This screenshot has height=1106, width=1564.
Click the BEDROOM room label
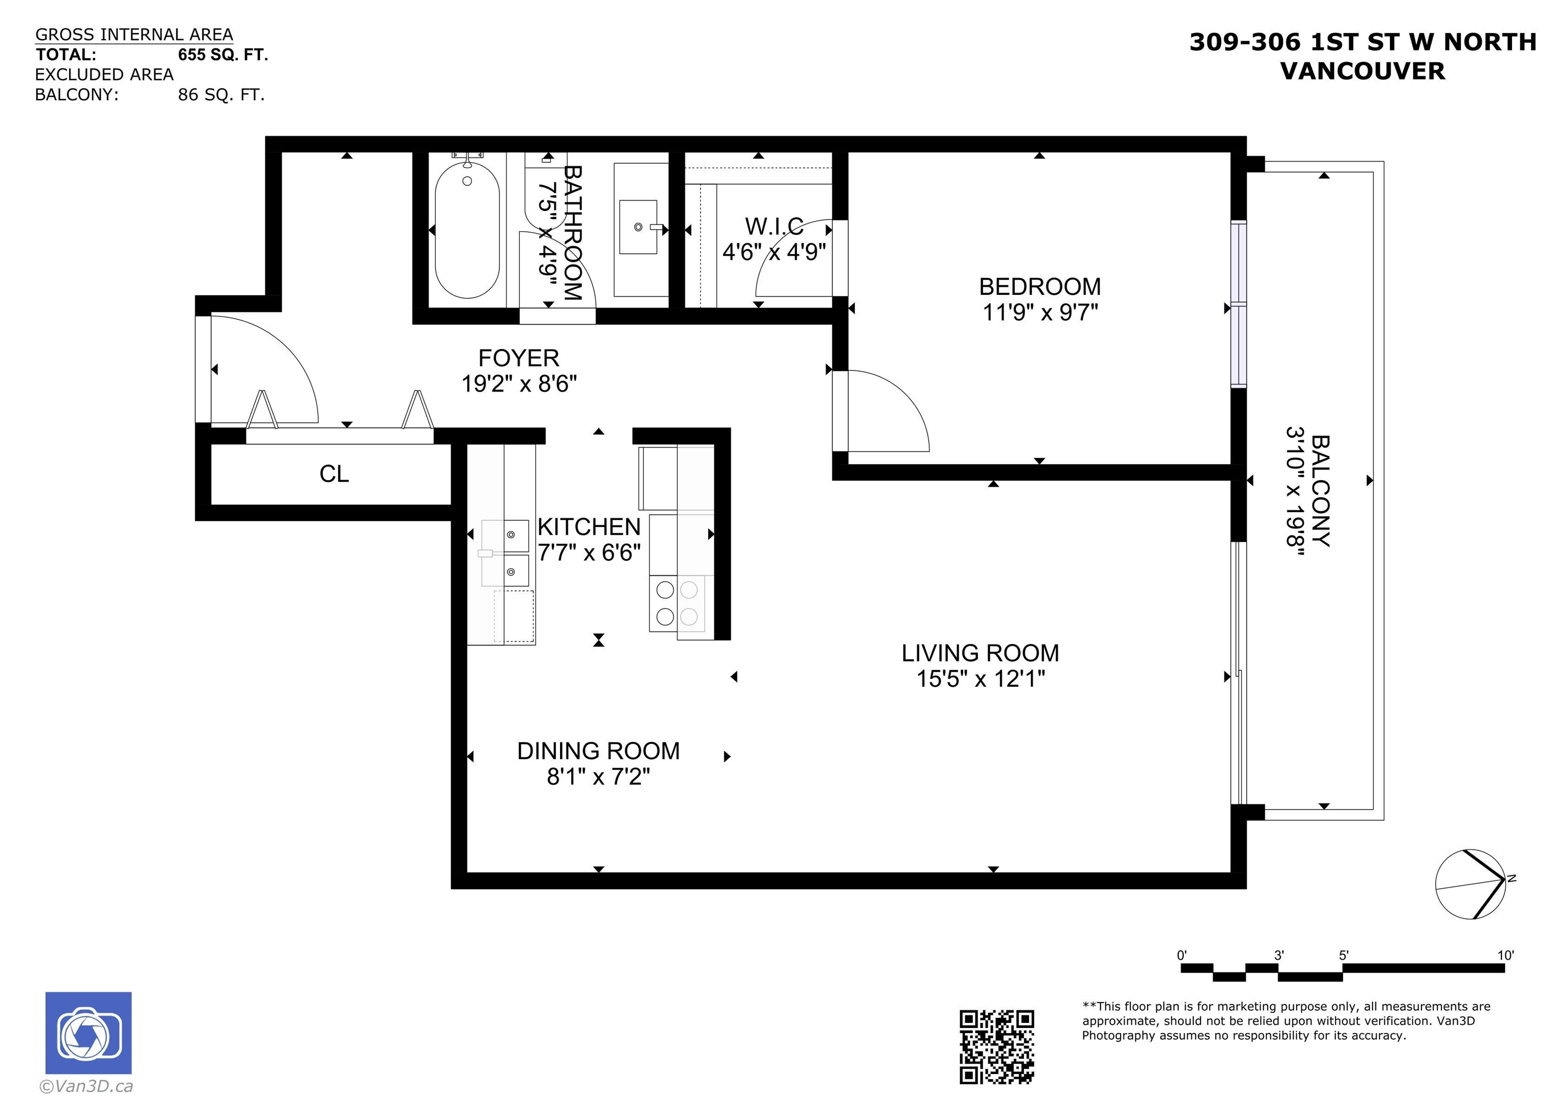coord(1040,286)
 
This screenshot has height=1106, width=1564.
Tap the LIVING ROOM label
coord(980,653)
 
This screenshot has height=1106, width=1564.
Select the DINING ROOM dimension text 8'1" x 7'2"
coord(598,776)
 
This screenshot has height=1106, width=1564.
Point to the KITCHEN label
coord(589,527)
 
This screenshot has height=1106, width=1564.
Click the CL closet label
coord(334,474)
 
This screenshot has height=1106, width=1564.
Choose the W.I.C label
coord(774,226)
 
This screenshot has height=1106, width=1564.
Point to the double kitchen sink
coord(506,552)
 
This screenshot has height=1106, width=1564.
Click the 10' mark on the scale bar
coord(1505,955)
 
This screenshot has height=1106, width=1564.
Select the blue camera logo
coord(89,1033)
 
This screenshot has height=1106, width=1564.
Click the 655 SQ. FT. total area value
coord(223,54)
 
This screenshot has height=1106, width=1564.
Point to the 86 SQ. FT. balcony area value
coord(221,95)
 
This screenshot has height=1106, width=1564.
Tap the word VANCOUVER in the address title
coord(1363,71)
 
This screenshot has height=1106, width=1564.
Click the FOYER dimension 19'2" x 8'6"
coord(519,383)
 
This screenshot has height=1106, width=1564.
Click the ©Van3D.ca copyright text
coord(86,1086)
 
